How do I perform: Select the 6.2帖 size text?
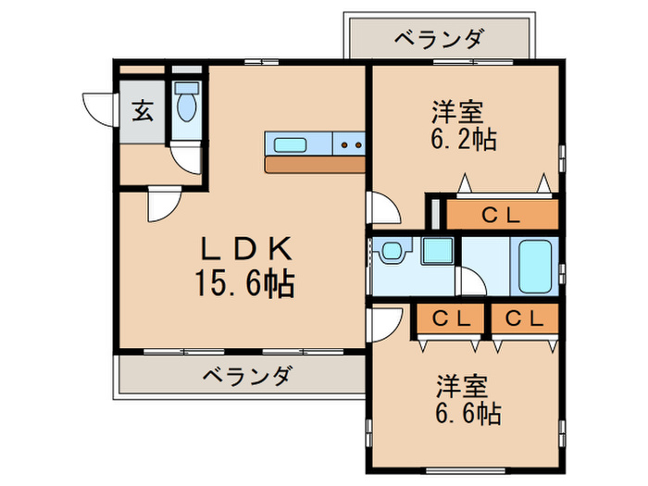[x=461, y=140]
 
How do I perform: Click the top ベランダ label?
[x=438, y=39]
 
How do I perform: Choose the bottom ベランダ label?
[x=246, y=376]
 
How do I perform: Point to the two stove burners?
[x=349, y=143]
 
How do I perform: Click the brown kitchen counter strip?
[x=315, y=164]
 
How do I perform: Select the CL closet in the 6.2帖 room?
[x=503, y=215]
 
